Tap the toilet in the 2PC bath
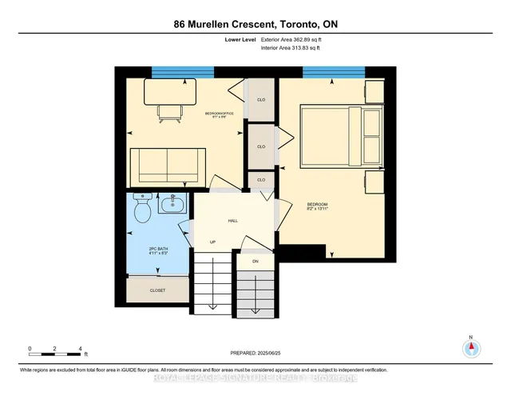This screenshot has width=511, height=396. (x=143, y=210)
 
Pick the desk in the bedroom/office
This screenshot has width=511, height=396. (x=170, y=92)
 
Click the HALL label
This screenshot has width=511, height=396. (x=233, y=221)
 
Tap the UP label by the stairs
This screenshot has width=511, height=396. (x=212, y=242)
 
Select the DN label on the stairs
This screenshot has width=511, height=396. (x=255, y=261)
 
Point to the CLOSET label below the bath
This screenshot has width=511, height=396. (x=157, y=291)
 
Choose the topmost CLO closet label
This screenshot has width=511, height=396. (x=260, y=100)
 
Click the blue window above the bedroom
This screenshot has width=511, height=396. (x=327, y=73)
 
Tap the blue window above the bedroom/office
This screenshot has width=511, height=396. (x=183, y=73)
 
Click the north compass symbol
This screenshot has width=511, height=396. (x=471, y=348)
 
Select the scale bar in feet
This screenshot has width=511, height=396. (x=56, y=350)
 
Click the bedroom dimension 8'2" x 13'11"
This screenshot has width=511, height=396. (x=317, y=211)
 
